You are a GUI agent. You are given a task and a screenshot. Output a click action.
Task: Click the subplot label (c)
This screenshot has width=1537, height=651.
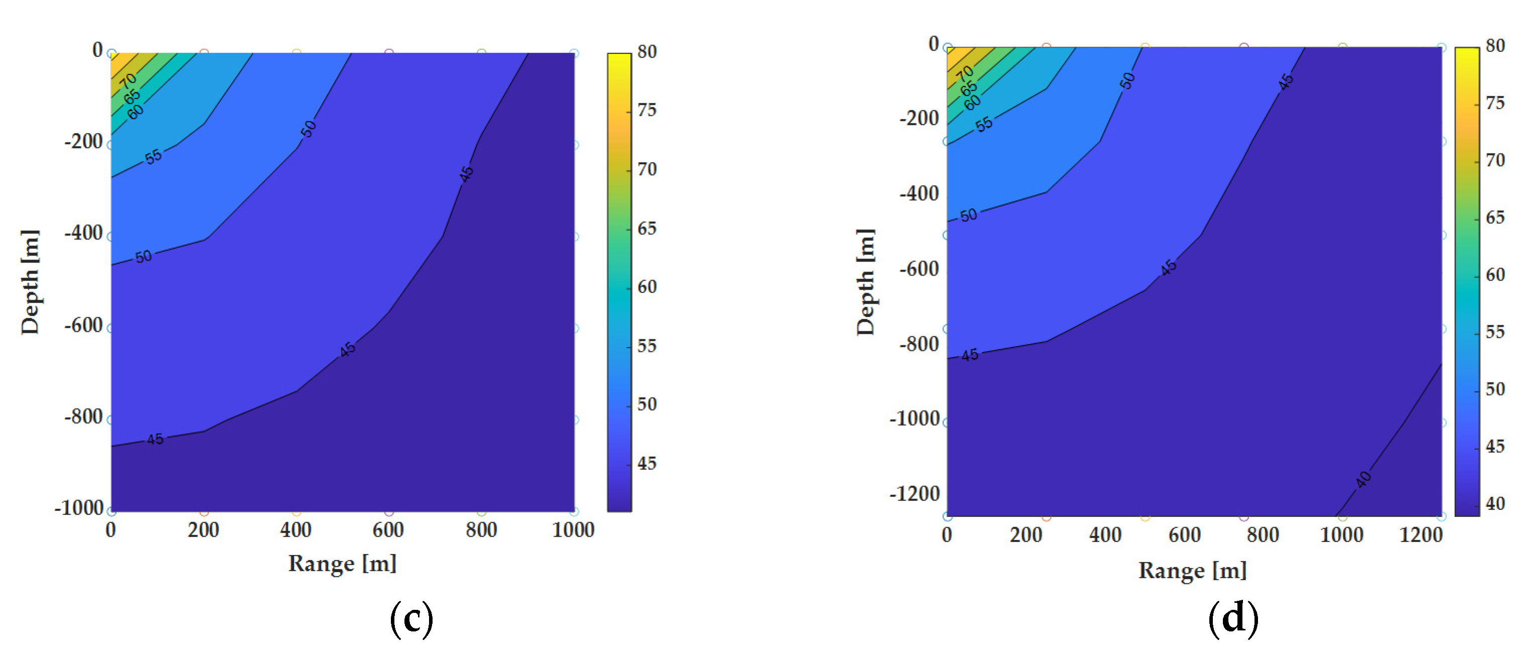click(x=411, y=619)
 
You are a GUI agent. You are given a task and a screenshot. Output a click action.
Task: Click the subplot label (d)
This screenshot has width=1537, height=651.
click(x=1233, y=619)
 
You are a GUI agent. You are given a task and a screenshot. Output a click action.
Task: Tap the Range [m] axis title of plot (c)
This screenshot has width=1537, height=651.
click(x=343, y=563)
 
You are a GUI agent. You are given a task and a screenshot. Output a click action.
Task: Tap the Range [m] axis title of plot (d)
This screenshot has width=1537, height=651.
click(x=1192, y=571)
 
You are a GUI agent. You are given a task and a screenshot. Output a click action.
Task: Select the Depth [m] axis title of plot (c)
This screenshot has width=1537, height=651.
click(x=30, y=282)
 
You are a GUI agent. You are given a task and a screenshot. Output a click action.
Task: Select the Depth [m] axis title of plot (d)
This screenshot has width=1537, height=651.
click(x=865, y=282)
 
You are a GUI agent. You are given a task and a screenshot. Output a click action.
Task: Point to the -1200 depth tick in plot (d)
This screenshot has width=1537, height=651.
click(x=914, y=494)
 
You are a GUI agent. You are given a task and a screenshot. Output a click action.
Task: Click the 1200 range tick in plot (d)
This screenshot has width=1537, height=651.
click(x=1421, y=535)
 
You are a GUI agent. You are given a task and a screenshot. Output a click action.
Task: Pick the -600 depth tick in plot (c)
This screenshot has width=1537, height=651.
click(x=83, y=326)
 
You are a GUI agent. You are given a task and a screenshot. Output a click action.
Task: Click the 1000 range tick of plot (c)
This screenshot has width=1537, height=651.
click(x=574, y=530)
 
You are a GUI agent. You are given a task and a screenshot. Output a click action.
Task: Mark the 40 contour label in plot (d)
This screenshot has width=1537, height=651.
click(x=1363, y=479)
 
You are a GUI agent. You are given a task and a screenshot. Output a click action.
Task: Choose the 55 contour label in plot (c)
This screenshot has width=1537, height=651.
click(x=154, y=156)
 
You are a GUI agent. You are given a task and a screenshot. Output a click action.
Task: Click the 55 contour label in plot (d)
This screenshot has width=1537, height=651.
click(x=984, y=124)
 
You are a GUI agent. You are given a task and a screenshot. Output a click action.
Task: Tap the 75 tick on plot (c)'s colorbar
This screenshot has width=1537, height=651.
click(x=647, y=110)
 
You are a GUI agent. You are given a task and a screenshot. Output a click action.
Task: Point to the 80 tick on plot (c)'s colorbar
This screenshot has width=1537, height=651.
click(x=647, y=52)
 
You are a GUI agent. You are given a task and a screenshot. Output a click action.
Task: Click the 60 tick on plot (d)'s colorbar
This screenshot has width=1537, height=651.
click(x=1495, y=275)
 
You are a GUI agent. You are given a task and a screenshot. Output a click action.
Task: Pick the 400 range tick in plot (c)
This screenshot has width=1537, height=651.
click(x=296, y=530)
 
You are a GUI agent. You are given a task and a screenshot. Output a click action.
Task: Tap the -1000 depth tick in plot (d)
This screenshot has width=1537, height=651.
click(x=914, y=419)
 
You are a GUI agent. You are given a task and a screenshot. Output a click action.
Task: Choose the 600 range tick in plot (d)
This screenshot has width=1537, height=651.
click(x=1184, y=535)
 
